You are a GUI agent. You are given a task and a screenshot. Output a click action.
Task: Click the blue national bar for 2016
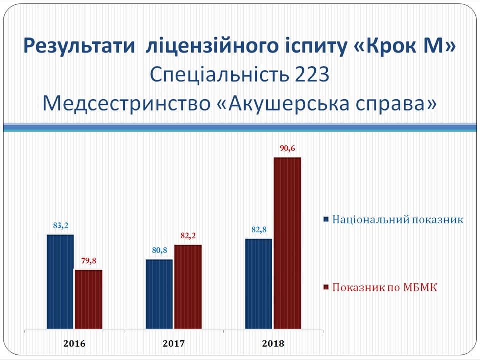tap(60, 282)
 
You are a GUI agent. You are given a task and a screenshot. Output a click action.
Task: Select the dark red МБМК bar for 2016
tap(89, 299)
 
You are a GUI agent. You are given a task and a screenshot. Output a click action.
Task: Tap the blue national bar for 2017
tap(159, 294)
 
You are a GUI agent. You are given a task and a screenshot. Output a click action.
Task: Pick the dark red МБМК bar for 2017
tap(188, 287)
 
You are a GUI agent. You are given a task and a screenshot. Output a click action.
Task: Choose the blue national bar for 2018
tap(258, 284)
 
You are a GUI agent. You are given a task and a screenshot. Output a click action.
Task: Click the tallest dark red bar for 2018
tap(287, 243)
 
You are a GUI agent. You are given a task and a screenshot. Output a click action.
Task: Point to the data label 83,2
tap(61, 226)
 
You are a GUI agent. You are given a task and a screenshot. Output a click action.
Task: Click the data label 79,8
tap(89, 261)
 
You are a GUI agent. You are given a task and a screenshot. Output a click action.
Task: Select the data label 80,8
tap(160, 250)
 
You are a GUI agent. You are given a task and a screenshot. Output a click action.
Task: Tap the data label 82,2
tap(188, 236)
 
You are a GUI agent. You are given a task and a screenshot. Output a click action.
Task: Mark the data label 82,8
tap(259, 230)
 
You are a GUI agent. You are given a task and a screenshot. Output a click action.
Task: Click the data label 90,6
tap(288, 149)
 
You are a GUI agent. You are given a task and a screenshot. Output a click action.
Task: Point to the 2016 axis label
tap(74, 344)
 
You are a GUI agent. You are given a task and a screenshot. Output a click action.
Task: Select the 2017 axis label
tap(174, 344)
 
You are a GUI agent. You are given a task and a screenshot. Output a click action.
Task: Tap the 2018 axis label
tap(273, 344)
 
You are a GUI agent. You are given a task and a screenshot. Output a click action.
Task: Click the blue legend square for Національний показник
tap(326, 219)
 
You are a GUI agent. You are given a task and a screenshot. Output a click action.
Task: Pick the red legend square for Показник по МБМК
tap(326, 287)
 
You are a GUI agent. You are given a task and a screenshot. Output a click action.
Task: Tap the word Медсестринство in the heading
tap(126, 103)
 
